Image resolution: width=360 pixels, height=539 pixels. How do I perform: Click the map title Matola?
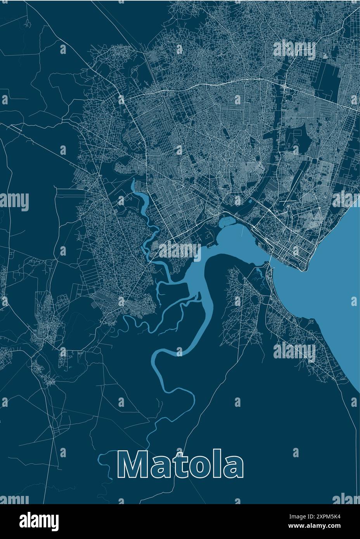click(x=181, y=464)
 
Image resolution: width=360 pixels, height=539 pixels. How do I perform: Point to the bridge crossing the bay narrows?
click(x=269, y=260)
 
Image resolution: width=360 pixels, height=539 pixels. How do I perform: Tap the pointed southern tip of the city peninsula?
click(x=302, y=270)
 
